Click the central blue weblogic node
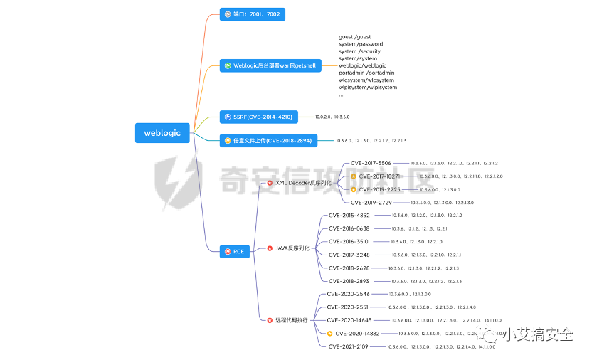click(x=162, y=132)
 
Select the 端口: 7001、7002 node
click(x=252, y=14)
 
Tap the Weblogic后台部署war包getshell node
click(x=270, y=65)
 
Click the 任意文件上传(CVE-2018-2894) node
click(x=267, y=141)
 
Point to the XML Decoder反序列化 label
click(x=304, y=184)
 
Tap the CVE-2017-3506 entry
click(x=371, y=163)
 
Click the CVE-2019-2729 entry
click(x=371, y=203)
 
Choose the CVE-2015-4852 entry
click(x=349, y=215)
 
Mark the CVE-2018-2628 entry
click(x=349, y=268)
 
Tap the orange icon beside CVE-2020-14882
click(x=329, y=333)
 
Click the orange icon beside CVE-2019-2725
click(x=353, y=189)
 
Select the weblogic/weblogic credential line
click(x=362, y=65)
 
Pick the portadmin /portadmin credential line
click(x=366, y=73)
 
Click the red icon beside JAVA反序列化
click(x=270, y=248)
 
